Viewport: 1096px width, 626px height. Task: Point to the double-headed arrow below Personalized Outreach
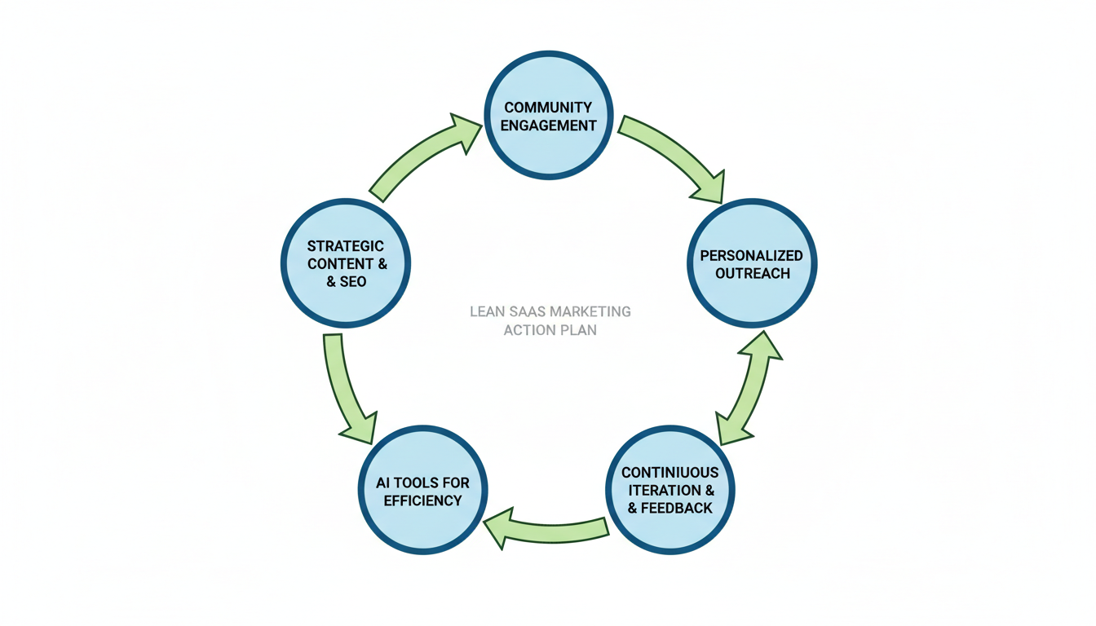point(749,388)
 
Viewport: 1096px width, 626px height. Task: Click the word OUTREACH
point(753,273)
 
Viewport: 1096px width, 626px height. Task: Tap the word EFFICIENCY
point(422,500)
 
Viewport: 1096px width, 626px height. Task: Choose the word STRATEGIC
point(346,246)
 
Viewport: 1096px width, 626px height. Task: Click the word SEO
point(353,281)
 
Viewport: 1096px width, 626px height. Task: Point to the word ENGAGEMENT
point(548,126)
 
